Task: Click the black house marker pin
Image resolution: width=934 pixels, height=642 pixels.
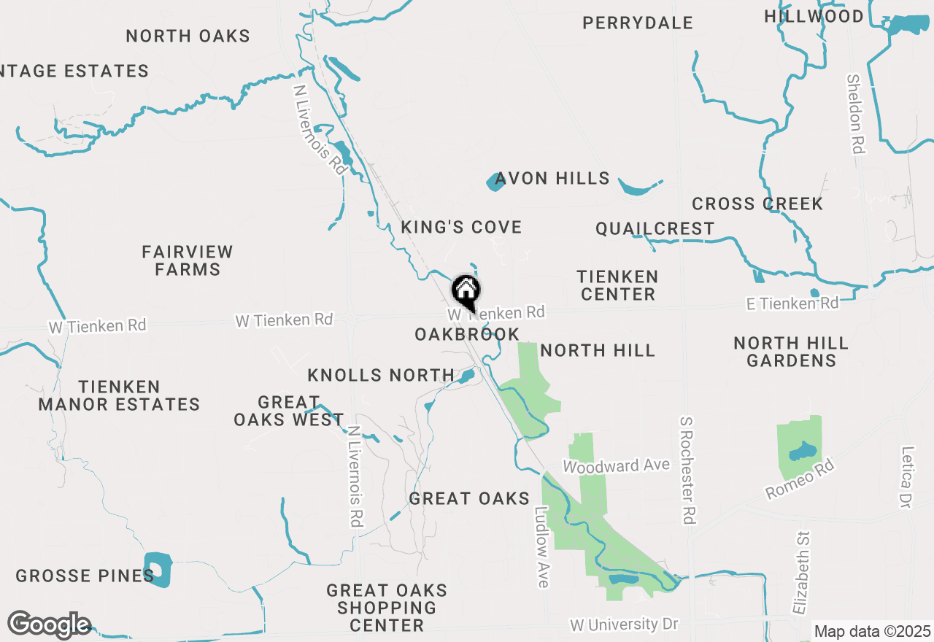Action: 466,292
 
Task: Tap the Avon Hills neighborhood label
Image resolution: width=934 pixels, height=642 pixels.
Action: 552,179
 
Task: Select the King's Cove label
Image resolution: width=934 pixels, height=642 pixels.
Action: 461,228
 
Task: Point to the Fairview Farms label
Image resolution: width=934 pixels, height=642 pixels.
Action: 188,260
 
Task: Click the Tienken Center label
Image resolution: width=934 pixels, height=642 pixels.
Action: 617,285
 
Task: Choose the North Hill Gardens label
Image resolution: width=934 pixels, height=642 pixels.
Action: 791,352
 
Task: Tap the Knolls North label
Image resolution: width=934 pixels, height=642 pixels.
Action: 381,376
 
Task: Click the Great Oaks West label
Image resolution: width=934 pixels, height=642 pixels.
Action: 289,411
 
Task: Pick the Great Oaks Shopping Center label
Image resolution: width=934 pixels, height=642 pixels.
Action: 387,608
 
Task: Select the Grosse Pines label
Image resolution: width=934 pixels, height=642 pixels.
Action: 85,576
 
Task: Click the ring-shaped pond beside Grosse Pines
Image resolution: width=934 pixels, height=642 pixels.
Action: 157,569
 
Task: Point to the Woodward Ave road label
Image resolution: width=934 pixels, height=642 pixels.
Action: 616,465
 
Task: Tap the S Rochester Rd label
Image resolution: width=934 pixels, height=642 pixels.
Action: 687,471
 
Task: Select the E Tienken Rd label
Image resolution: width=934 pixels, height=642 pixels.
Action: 792,303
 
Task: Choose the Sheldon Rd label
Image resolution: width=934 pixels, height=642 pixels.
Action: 856,114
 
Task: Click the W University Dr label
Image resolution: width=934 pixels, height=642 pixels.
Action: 624,624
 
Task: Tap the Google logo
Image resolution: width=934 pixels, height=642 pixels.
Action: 49,624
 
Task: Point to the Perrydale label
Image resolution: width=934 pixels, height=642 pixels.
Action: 638,23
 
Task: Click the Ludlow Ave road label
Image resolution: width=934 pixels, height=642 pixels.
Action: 541,547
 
